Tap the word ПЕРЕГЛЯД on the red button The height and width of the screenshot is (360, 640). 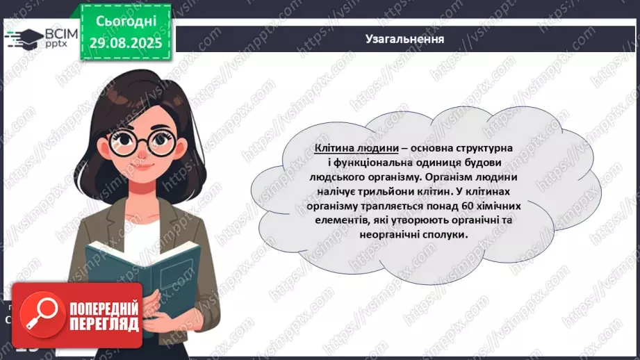(104, 324)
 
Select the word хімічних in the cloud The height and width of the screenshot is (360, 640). (500, 206)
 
